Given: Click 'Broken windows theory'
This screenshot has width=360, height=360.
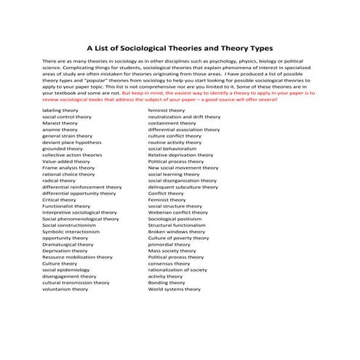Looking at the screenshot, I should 177,232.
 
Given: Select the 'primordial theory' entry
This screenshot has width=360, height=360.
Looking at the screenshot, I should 169,244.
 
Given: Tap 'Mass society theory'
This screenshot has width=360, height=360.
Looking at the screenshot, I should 172,251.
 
